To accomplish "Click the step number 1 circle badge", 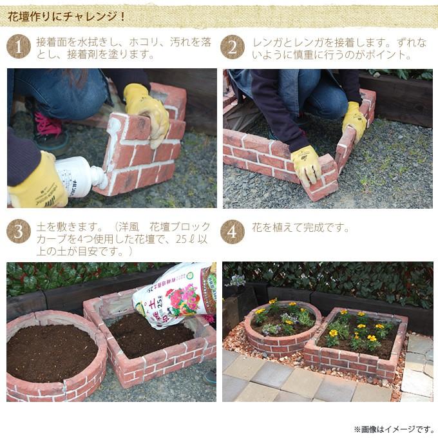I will (x=18, y=47).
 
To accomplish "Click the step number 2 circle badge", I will (x=232, y=47).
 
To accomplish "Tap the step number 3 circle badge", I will (x=18, y=232).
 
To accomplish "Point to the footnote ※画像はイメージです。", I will (x=394, y=428).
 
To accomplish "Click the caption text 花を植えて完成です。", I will (x=300, y=228).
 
